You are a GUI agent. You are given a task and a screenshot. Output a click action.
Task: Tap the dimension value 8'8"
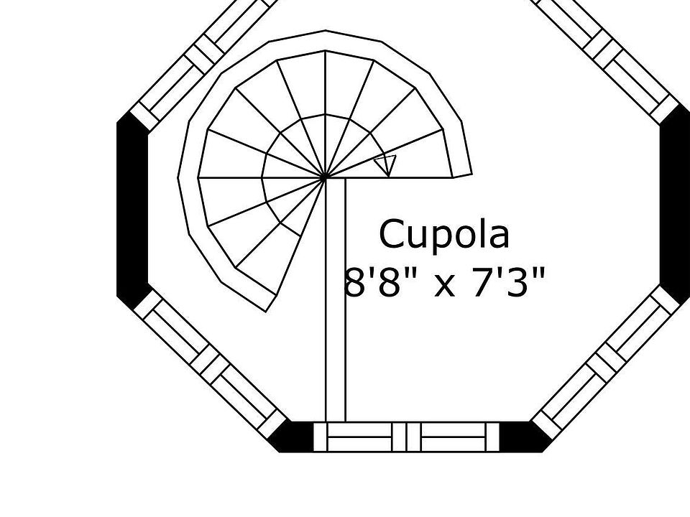click(374, 281)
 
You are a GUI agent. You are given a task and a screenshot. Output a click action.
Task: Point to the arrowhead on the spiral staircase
click(386, 165)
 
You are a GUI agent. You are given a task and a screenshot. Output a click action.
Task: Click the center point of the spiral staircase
click(325, 177)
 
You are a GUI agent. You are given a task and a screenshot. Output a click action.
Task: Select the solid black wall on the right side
click(675, 207)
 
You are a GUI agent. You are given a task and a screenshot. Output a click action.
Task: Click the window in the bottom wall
click(407, 437)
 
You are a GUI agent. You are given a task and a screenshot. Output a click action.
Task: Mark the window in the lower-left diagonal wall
click(209, 364)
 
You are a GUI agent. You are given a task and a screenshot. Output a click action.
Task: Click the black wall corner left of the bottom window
click(291, 437)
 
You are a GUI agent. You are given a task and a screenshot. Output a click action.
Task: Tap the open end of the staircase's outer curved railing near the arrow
click(462, 177)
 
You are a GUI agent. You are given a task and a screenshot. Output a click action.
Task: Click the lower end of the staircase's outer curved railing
click(272, 303)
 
